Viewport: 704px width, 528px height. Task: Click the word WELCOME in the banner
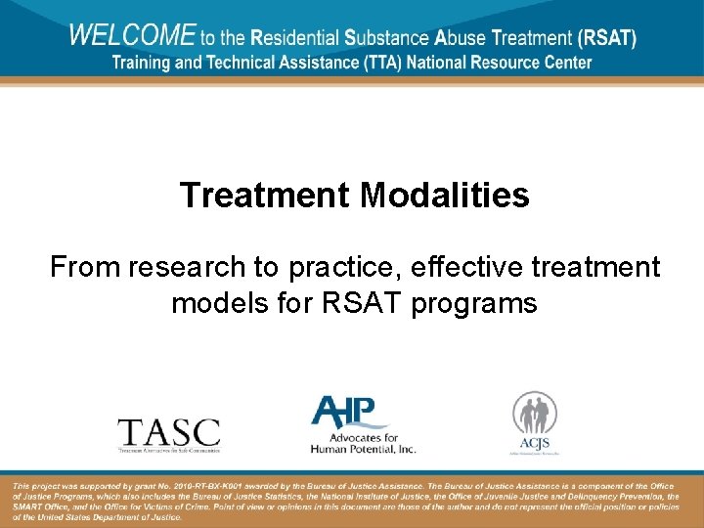click(x=131, y=36)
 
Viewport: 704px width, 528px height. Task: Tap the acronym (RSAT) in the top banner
click(x=606, y=39)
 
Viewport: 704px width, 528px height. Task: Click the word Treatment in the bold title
click(x=265, y=196)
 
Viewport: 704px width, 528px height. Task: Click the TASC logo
click(x=168, y=432)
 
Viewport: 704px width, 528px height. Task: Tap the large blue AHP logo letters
click(x=349, y=411)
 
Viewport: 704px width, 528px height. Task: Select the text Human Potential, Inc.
click(x=363, y=449)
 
